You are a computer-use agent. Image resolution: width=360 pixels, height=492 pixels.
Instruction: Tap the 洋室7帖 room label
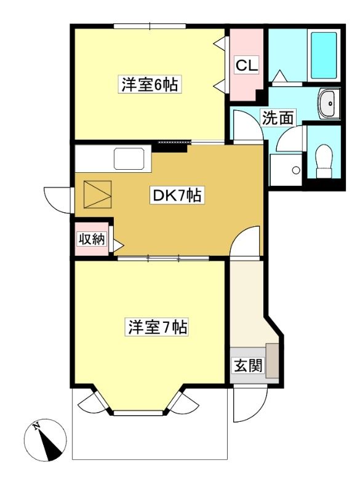tap(158, 327)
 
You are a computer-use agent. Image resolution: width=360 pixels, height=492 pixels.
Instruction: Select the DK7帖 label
tap(177, 196)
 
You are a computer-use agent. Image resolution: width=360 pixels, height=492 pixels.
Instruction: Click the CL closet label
tap(247, 65)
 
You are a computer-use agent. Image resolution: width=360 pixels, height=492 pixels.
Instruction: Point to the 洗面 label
tap(278, 117)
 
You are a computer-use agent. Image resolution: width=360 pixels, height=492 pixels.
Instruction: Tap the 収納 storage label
tap(92, 239)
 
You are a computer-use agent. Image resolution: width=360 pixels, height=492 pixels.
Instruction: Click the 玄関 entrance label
tap(248, 365)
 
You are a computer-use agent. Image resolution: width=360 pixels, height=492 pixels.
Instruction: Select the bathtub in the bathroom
tap(324, 55)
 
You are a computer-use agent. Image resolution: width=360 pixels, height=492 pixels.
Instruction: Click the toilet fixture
tap(324, 161)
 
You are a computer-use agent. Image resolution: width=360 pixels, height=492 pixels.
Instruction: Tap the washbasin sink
tap(329, 103)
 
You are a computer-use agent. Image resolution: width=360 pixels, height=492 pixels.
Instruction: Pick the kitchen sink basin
tap(129, 159)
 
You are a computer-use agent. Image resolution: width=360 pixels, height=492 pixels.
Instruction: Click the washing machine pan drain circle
tap(295, 170)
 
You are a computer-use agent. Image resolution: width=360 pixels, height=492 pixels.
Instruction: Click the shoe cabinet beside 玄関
tap(272, 360)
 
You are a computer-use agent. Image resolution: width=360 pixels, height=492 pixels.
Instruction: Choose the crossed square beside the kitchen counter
tap(97, 194)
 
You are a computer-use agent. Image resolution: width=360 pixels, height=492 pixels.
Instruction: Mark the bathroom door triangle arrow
tap(279, 76)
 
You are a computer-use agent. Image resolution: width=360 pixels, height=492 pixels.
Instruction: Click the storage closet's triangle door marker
tap(118, 245)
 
